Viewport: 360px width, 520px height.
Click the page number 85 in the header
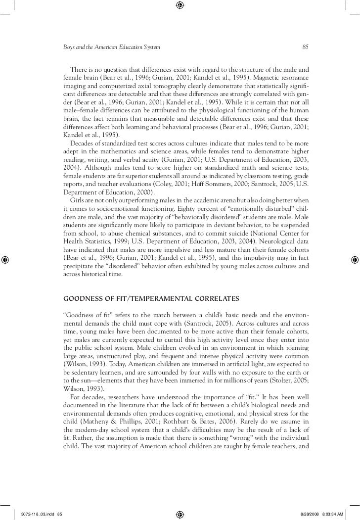point(305,47)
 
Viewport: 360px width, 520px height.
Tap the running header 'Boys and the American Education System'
point(111,47)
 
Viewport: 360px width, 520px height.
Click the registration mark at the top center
point(180,5)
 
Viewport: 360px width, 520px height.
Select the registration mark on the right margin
point(355,260)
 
